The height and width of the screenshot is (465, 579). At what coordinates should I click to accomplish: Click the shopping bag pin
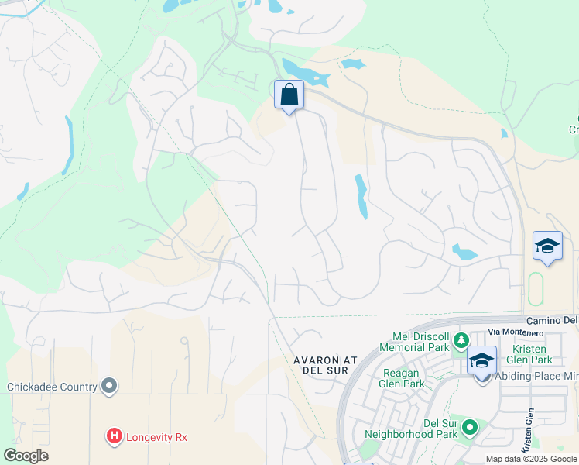point(289,95)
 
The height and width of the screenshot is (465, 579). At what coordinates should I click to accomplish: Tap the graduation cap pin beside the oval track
point(547,246)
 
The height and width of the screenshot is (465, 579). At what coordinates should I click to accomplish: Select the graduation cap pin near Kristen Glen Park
point(481,361)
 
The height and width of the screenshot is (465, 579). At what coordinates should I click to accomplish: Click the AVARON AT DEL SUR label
point(327,365)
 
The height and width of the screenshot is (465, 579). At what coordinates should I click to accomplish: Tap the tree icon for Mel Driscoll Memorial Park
point(461,339)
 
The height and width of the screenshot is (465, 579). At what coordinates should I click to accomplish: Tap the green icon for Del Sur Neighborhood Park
point(469,427)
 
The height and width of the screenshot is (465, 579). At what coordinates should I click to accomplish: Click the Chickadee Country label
point(52,387)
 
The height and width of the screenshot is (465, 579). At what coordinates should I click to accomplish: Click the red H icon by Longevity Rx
point(115,437)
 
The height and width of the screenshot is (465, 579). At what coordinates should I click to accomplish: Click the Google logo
point(26,456)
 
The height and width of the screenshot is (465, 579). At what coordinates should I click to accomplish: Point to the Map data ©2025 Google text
point(531,459)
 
